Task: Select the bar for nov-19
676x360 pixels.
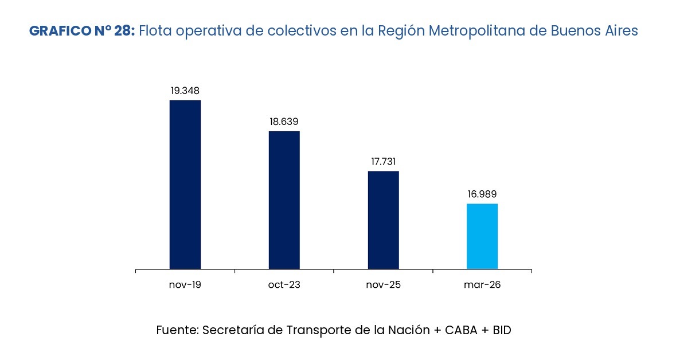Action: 185,184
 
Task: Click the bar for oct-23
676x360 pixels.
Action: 284,199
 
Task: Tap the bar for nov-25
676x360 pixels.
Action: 383,220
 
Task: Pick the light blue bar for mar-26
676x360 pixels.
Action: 482,236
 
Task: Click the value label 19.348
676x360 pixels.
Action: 185,91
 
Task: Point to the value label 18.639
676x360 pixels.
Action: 284,122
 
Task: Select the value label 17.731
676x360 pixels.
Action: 383,162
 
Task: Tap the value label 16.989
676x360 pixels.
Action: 482,194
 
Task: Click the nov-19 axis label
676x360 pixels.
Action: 185,285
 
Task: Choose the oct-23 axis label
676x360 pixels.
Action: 284,285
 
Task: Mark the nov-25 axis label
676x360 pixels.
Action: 383,285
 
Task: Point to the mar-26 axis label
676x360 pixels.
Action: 482,285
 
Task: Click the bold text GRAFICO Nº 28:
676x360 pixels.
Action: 82,31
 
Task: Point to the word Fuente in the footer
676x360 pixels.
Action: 177,330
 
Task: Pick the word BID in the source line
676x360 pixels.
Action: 501,330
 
